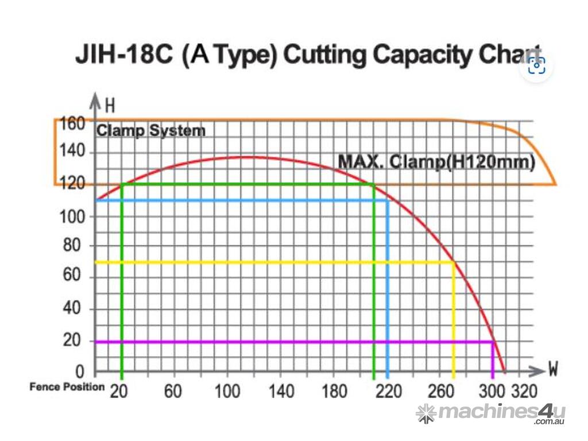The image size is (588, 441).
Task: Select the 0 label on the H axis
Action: point(80,372)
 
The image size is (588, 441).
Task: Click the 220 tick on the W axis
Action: point(389,391)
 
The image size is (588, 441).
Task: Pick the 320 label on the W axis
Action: point(524,391)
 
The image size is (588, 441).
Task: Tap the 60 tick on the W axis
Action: point(173,391)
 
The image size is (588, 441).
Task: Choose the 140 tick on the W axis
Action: point(281,391)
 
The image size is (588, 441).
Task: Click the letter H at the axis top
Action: point(110,106)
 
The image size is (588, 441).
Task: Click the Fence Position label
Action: point(67,387)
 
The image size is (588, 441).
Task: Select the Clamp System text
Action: point(150,131)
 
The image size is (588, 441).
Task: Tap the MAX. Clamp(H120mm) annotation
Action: point(436,162)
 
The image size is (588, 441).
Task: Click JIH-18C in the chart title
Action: point(124,56)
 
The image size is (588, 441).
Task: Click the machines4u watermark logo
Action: point(491,413)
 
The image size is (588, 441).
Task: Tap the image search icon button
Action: point(536,65)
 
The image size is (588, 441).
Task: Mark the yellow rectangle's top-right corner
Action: point(454,262)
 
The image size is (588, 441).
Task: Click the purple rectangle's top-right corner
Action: point(492,342)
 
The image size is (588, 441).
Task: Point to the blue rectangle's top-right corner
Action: point(388,200)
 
